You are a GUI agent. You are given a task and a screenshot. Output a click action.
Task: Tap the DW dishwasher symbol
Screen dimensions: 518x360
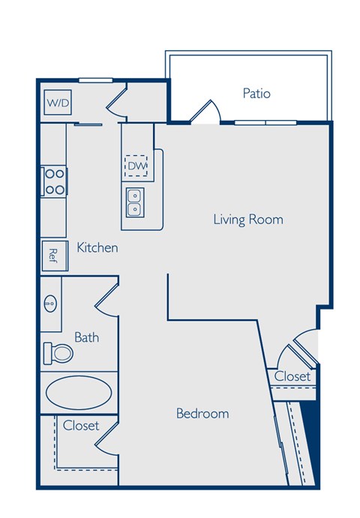pos(136,165)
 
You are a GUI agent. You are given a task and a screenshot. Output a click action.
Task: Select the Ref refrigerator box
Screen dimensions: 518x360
pos(53,255)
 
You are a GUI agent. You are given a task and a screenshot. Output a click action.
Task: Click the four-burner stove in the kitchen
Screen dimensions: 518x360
pos(55,181)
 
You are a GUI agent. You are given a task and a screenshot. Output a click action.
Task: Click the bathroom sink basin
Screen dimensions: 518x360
pos(51,304)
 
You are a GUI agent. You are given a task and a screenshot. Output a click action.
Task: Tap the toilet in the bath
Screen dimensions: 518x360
pos(58,352)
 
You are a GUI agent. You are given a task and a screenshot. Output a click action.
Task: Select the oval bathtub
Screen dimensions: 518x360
pos(79,391)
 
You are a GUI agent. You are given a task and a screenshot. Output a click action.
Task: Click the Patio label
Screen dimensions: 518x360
pos(256,94)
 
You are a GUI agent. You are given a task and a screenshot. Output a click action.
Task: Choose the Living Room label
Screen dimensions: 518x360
pos(248,220)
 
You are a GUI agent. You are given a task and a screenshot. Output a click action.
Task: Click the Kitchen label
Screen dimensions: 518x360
pos(97,247)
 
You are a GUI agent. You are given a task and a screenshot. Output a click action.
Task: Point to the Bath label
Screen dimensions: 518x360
pos(86,337)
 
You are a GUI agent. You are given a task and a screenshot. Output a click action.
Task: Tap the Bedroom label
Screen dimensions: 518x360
pos(202,413)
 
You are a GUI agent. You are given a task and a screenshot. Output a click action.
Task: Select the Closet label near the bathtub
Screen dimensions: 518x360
pos(81,426)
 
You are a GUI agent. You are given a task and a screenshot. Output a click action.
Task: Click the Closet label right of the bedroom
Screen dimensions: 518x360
pos(292,376)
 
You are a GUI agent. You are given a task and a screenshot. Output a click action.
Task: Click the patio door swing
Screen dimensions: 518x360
pos(205,112)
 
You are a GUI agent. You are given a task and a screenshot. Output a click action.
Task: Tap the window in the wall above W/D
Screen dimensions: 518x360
pos(95,79)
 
